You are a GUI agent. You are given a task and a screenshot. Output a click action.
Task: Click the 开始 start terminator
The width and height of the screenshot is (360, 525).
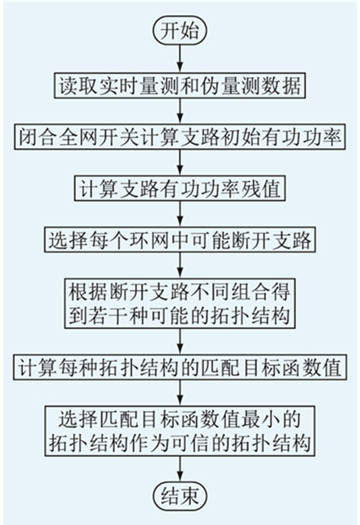(180, 30)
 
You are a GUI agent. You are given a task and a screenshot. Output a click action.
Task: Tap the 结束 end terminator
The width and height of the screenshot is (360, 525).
(180, 496)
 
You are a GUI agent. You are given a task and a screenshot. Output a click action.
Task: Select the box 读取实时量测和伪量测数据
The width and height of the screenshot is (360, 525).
(180, 86)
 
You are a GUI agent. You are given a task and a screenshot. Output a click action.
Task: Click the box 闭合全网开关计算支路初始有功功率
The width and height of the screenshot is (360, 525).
(180, 137)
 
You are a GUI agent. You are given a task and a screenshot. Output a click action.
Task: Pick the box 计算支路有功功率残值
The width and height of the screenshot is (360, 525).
(180, 188)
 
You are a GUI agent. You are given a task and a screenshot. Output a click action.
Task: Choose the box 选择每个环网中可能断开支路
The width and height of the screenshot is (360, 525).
(180, 240)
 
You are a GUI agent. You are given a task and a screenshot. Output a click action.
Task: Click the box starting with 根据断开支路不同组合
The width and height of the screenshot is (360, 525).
(180, 303)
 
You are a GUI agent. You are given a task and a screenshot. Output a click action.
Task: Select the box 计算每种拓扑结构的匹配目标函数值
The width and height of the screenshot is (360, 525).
(180, 367)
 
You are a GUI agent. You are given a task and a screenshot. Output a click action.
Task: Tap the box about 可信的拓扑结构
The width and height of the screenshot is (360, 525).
(180, 431)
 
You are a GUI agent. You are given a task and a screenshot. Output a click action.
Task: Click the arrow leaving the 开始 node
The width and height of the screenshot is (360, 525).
(180, 59)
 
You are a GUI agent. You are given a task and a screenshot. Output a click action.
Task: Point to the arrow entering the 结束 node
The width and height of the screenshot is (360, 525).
(180, 469)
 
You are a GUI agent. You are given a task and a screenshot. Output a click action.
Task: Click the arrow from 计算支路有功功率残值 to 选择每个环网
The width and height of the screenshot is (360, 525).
(180, 214)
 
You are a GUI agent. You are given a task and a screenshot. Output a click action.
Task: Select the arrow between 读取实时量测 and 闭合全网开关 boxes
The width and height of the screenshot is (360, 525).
(180, 112)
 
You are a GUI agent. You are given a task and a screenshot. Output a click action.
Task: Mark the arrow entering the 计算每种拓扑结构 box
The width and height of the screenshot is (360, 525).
(180, 342)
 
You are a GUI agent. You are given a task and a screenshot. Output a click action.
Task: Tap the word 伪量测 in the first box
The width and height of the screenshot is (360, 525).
(230, 86)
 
